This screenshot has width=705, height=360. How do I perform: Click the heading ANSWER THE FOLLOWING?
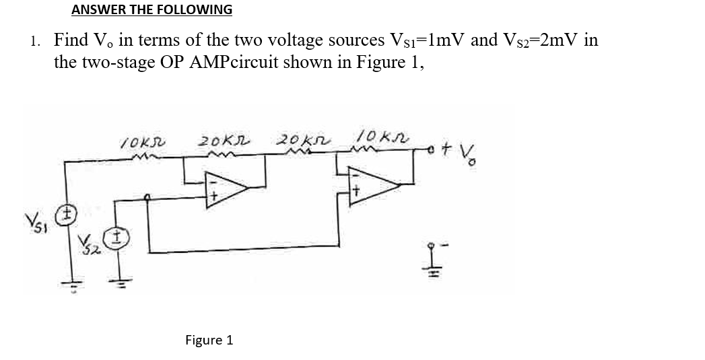[x=152, y=10]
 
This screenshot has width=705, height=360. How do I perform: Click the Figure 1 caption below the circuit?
[x=209, y=340]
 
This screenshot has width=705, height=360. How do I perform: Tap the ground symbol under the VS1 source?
[x=66, y=283]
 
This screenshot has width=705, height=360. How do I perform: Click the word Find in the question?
[x=70, y=41]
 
